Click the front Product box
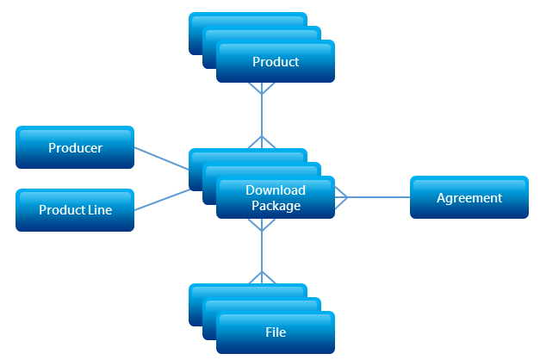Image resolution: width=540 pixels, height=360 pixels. pos(276,62)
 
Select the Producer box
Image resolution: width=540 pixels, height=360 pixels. pos(75,147)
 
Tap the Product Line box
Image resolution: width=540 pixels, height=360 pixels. pos(75,210)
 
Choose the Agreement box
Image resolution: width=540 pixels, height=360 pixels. pos(469,197)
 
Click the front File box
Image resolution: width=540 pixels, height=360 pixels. pos(276,332)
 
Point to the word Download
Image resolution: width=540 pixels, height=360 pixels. pos(276,190)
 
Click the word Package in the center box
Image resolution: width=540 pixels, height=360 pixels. pos(276,206)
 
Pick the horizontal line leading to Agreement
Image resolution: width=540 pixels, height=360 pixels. pos(379,197)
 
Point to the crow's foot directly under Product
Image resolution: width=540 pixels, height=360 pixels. pos(261,88)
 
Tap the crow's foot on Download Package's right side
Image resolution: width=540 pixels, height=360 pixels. pos(340,197)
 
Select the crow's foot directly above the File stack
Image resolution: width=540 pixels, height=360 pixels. pos(261,277)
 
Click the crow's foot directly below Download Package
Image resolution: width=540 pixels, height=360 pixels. pos(261,223)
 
